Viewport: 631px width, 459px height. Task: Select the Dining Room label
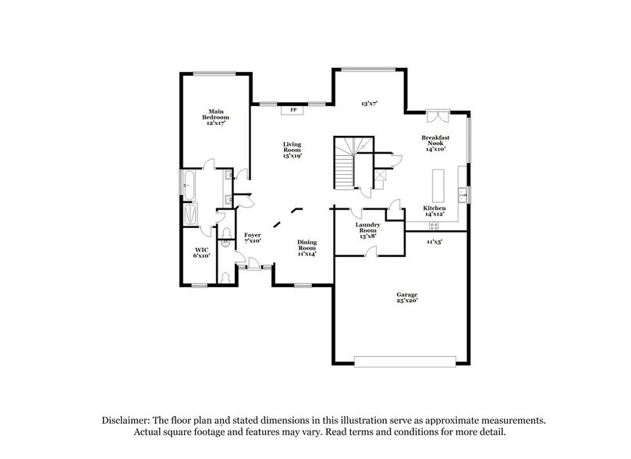pyautogui.click(x=307, y=247)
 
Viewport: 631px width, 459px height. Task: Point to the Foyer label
pyautogui.click(x=252, y=237)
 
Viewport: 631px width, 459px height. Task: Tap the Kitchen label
pyautogui.click(x=434, y=209)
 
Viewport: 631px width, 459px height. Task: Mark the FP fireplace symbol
pyautogui.click(x=294, y=110)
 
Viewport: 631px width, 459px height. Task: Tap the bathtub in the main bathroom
pyautogui.click(x=189, y=184)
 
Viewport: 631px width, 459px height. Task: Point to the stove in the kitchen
pyautogui.click(x=434, y=226)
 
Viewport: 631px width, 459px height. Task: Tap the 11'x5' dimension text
pyautogui.click(x=434, y=243)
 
